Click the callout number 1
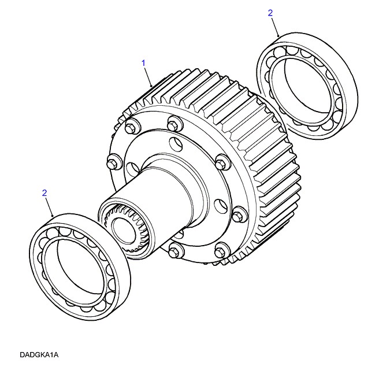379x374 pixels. [143, 63]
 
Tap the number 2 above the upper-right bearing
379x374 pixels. [270, 13]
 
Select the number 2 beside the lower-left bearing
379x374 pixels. [44, 193]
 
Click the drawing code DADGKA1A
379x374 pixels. [39, 355]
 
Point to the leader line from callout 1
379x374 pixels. [148, 77]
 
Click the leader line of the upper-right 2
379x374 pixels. [275, 27]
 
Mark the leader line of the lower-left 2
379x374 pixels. [49, 206]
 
